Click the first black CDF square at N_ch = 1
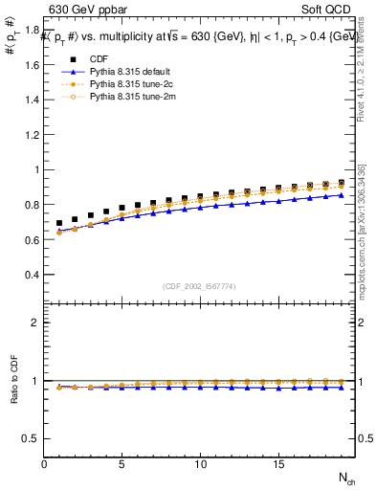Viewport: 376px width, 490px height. (59, 223)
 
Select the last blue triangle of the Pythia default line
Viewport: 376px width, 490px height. (341, 195)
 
